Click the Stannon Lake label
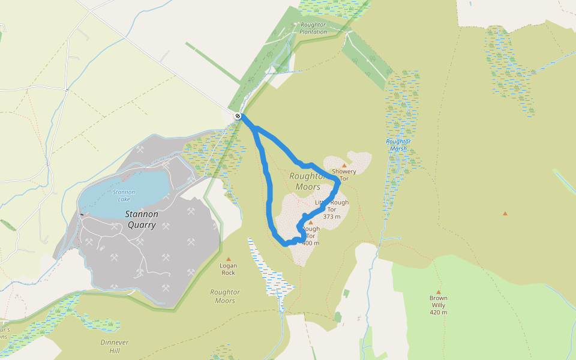coord(124,196)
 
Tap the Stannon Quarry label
coord(142,220)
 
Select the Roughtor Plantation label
coord(314,28)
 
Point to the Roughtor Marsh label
coord(398,145)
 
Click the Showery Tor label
coord(344,175)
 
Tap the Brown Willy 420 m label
coord(438,305)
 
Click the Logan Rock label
coord(228,269)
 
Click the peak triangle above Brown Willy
coord(438,292)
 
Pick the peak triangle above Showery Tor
coord(344,165)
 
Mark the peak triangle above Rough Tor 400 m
coord(311,223)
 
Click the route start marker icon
coord(238,116)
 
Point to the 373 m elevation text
coord(332,217)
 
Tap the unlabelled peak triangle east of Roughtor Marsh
coord(505,213)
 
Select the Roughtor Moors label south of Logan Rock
coord(225,296)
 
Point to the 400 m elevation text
coord(311,243)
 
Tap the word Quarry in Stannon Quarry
coord(142,226)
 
